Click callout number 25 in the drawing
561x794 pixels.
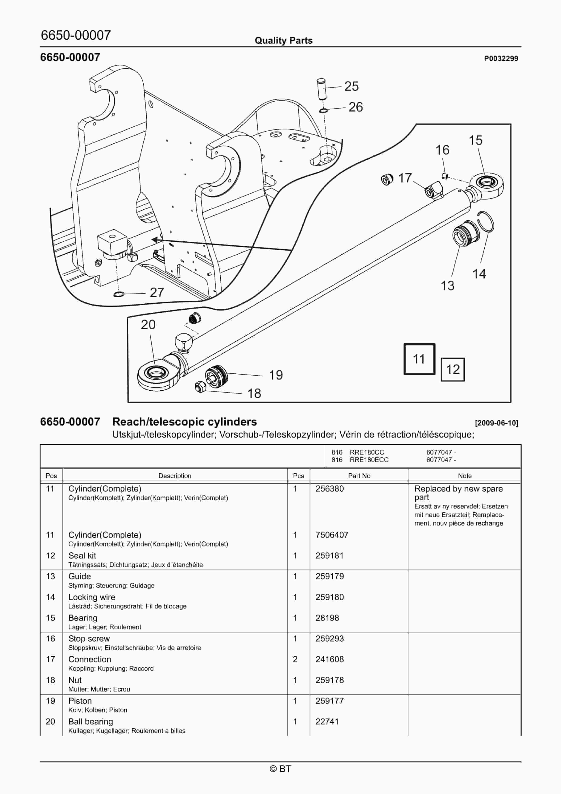[351, 86]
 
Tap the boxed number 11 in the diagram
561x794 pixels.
[419, 359]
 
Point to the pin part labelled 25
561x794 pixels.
[321, 89]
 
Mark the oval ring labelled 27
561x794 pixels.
[119, 294]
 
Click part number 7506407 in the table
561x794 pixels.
[331, 535]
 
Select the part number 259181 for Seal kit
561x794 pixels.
[329, 555]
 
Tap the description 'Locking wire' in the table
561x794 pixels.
[92, 597]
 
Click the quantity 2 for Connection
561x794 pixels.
[295, 659]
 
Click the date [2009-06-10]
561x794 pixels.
[496, 423]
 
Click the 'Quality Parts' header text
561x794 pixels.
[284, 41]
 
